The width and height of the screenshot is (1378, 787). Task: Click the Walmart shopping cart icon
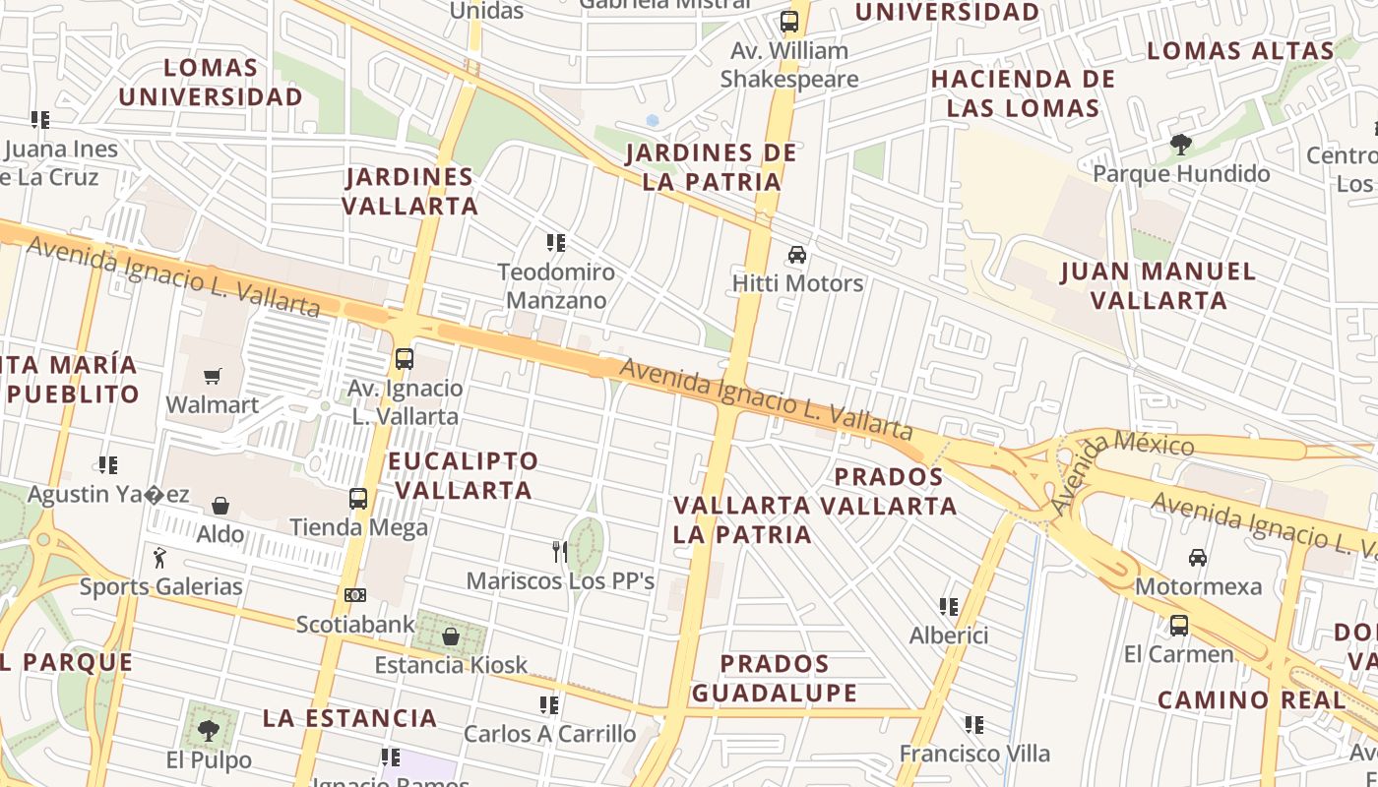click(212, 377)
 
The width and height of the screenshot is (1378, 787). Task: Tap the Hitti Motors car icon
click(796, 255)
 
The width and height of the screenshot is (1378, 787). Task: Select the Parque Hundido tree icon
click(1180, 146)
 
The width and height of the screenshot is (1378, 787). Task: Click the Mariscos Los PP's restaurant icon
click(559, 552)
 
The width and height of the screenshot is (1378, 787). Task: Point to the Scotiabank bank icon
click(355, 595)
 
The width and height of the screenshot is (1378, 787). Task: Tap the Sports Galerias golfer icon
click(160, 558)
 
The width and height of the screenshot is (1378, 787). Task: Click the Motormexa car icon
click(1197, 558)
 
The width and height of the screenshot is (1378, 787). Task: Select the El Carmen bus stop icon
click(1178, 626)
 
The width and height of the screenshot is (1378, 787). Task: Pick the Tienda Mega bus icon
click(358, 499)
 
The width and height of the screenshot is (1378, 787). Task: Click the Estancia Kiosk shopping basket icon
click(451, 636)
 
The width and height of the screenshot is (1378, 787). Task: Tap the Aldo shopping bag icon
click(220, 506)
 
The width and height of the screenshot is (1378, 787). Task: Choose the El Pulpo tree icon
click(208, 731)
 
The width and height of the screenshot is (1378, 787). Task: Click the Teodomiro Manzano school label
click(556, 286)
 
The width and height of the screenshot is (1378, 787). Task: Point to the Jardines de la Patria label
click(711, 167)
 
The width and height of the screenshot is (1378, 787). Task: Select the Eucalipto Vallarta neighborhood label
click(463, 475)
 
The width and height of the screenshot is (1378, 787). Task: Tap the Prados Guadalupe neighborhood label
click(774, 678)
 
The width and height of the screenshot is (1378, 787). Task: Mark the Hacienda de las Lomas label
click(1023, 93)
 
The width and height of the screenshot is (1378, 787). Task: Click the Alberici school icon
click(949, 607)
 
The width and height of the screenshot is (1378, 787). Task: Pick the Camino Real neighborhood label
click(1250, 699)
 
